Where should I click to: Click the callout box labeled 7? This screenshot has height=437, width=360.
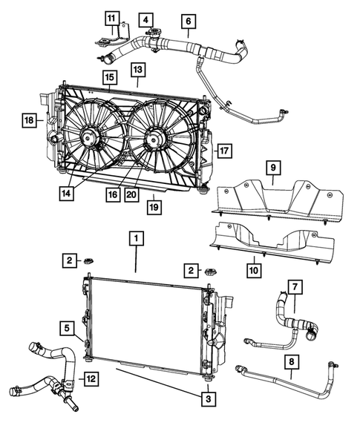tap(295, 286)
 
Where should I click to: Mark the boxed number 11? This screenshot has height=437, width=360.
tap(111, 19)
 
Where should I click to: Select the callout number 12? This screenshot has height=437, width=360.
tap(90, 380)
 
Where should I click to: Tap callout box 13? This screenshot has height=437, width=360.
tap(138, 68)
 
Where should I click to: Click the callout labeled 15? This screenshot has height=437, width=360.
tap(108, 77)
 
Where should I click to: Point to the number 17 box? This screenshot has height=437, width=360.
tap(224, 150)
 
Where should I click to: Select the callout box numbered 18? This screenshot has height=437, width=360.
tap(28, 119)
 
